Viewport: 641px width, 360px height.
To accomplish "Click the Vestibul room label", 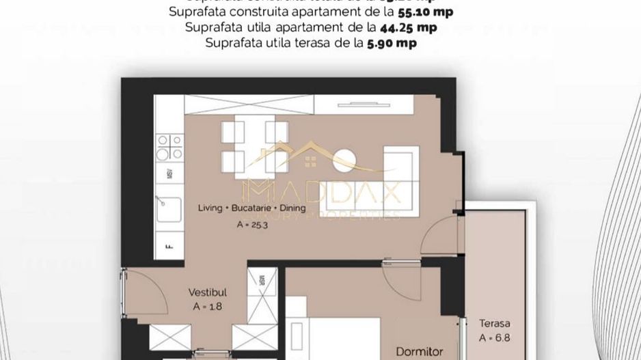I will tap(207, 292).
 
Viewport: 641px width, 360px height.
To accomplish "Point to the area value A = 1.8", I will tap(207, 307).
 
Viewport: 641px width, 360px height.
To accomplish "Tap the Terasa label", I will tap(495, 324).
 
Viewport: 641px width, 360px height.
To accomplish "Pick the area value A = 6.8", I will tap(495, 338).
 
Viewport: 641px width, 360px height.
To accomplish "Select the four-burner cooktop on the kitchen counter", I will tap(169, 146).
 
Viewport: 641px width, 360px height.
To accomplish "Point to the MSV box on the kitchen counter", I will tap(169, 175).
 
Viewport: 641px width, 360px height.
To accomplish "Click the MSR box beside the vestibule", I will tap(262, 280).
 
